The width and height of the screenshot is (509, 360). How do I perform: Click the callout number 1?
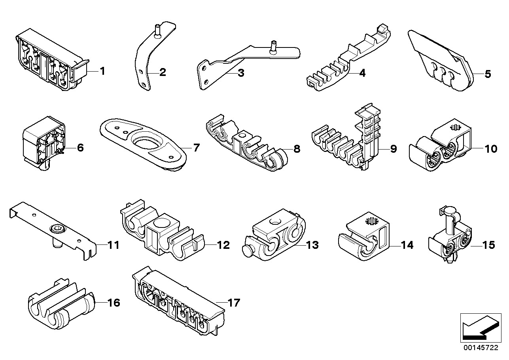coord(102,72)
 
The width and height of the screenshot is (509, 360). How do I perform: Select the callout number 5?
coord(487,74)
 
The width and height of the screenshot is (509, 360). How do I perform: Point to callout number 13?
coord(312,245)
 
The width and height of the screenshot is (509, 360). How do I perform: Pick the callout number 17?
coord(234,303)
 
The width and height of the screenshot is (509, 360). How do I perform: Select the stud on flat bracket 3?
coord(272,47)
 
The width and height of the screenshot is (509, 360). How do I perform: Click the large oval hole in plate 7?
coord(146,142)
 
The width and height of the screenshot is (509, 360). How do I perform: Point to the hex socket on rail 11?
coord(53,228)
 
